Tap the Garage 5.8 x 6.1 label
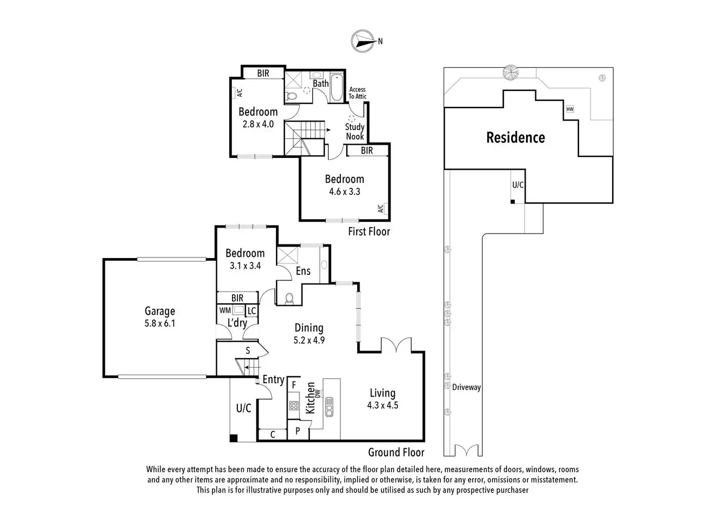coord(160,317)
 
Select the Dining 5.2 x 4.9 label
coord(309,333)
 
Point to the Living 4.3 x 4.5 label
coord(382,399)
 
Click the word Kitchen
coord(310,398)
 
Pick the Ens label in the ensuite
coord(303,271)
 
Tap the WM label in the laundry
coord(225,311)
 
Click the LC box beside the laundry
coord(251,311)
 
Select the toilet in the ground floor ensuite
coord(290,298)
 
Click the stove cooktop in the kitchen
coord(294,406)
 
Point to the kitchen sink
coord(330,407)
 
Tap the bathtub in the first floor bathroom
coord(337,88)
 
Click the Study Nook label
coord(355,131)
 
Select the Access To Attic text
coord(358,93)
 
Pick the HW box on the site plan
coord(570,109)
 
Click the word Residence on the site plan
coord(515,137)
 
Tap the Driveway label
coord(466,387)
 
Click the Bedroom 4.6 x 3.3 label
coord(344,185)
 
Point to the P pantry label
coord(297,431)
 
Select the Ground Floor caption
coord(396,452)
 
